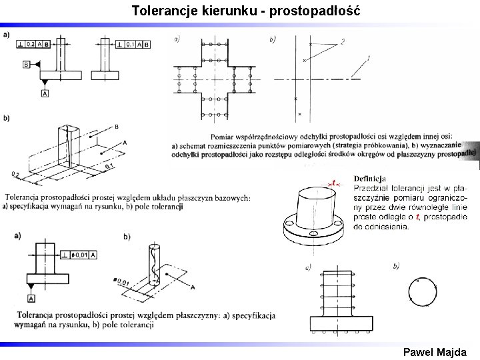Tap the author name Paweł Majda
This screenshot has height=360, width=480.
coord(435,352)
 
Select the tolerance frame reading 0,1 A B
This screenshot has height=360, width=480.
coord(133,44)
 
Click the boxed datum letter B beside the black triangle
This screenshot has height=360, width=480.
coord(26,65)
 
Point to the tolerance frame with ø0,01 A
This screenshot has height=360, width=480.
coord(78,255)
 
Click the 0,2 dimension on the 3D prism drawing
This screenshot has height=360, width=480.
coord(15,175)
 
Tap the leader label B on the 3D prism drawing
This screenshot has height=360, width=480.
coord(116,127)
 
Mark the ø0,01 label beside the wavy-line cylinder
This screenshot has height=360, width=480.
coord(122,283)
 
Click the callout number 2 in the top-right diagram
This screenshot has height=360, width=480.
coord(343,41)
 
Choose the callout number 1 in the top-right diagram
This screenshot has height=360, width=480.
coord(368,59)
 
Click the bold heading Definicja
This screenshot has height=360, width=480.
coord(370,179)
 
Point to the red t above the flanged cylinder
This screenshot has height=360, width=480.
coord(333,182)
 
